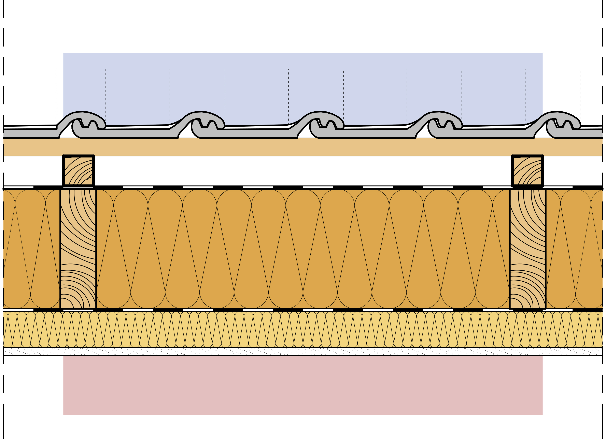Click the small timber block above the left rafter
click(78, 170)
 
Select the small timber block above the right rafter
click(527, 170)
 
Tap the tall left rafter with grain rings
click(78, 249)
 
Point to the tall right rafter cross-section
click(527, 249)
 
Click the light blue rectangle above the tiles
click(302, 85)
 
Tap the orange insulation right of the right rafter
click(575, 249)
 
